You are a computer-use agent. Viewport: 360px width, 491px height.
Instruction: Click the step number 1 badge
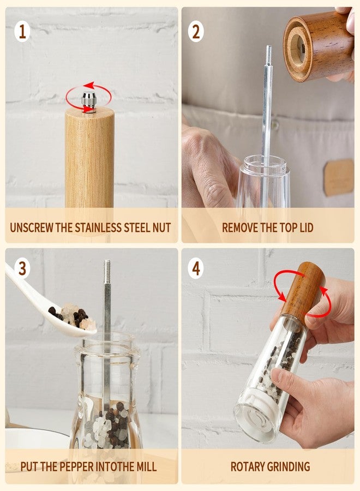(x=22, y=32)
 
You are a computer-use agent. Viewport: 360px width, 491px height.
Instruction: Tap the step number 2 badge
(x=196, y=32)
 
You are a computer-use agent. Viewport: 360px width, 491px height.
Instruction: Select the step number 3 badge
(x=22, y=268)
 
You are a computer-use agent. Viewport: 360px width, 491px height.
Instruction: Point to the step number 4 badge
(x=196, y=268)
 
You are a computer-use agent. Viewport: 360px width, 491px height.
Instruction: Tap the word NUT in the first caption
(x=161, y=227)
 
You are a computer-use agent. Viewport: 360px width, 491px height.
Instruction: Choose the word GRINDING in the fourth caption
(x=289, y=466)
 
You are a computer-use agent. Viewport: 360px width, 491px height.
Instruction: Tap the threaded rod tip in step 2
(x=269, y=55)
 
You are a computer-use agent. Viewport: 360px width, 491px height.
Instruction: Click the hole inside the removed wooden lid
(x=297, y=47)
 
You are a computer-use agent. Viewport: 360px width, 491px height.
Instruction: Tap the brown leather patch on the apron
(x=339, y=177)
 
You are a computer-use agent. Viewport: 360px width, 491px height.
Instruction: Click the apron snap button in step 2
(x=274, y=124)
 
